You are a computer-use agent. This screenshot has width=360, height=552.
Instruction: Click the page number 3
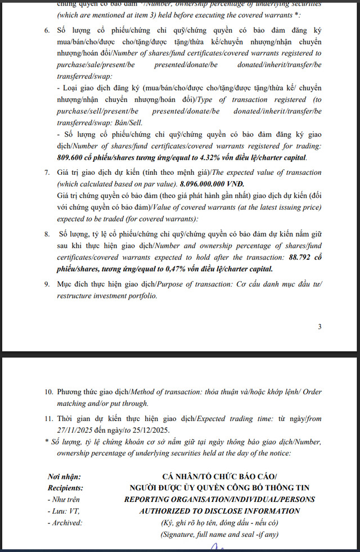point(319,327)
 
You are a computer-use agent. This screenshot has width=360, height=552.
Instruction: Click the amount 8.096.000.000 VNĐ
point(212,184)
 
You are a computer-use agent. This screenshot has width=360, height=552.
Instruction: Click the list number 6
point(47,29)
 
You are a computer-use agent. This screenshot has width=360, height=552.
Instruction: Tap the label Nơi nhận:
point(64,477)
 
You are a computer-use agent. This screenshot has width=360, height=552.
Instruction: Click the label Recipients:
point(66,488)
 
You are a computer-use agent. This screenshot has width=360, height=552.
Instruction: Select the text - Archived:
point(65,522)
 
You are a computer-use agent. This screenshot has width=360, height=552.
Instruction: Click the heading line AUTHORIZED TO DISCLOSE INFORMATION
point(219,511)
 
